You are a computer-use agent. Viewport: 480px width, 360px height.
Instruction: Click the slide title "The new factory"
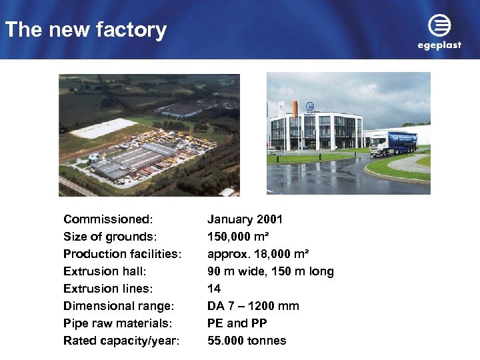tap(85, 30)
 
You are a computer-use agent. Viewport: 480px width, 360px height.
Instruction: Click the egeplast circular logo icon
tap(439, 27)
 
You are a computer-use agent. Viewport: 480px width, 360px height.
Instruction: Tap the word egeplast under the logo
tap(439, 45)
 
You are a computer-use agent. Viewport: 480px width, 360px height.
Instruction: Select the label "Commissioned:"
tap(108, 219)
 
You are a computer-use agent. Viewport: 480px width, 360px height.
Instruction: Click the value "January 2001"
tap(245, 219)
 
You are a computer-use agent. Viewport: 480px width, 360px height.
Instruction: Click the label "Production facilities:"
tap(123, 254)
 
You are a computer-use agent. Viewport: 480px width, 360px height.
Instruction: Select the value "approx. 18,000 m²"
tap(257, 254)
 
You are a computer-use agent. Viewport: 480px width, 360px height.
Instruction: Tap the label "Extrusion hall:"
tap(105, 271)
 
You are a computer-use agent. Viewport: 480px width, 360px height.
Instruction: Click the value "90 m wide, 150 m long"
tap(270, 271)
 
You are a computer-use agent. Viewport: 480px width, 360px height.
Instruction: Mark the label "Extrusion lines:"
tap(107, 289)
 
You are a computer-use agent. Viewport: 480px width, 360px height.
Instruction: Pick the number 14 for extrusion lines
tap(214, 289)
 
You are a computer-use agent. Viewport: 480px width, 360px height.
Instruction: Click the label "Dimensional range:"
tap(119, 306)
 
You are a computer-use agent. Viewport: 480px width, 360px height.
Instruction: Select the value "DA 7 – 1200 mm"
tap(253, 306)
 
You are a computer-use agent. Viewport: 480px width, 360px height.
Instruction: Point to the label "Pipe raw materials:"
tap(117, 323)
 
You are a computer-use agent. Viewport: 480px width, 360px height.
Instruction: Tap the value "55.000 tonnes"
tap(247, 341)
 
